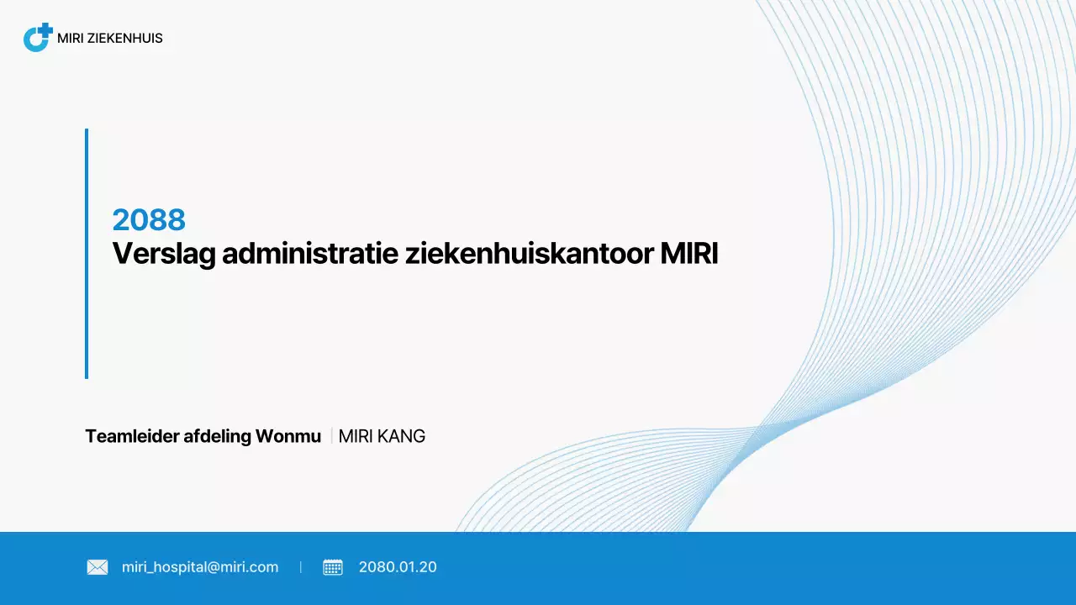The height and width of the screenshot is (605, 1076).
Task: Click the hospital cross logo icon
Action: click(38, 38)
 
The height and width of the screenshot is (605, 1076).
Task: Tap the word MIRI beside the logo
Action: click(71, 39)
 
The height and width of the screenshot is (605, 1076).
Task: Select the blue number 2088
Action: click(149, 220)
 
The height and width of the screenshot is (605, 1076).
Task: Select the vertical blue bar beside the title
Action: click(87, 253)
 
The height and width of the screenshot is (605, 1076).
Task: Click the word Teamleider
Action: click(131, 437)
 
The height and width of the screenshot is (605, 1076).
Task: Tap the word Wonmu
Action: click(288, 437)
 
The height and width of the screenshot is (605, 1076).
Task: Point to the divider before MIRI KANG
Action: click(331, 436)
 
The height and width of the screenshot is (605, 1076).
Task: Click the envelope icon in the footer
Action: click(98, 567)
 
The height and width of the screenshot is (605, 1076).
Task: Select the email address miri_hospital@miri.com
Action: click(200, 567)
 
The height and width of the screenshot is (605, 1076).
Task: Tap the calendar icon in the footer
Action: click(333, 567)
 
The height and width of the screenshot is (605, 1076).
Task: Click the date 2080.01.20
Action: click(398, 567)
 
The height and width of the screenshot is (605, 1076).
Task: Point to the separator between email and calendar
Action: click(301, 567)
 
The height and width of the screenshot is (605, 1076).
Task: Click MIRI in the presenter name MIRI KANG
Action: click(354, 437)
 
